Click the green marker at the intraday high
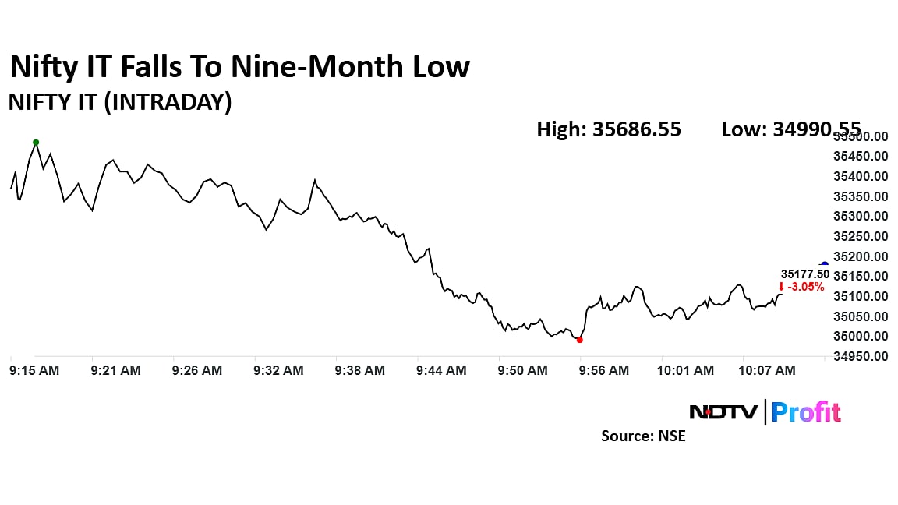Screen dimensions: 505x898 [x=36, y=143]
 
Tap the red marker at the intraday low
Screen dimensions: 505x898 [x=579, y=340]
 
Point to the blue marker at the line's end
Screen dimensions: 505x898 [x=824, y=265]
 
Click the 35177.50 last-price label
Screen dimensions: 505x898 [x=805, y=274]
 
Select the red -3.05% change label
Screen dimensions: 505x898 [x=801, y=287]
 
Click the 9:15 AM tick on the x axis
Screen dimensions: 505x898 [x=34, y=371]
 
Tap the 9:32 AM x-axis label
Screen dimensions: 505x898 [x=278, y=371]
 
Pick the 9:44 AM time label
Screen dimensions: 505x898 [x=441, y=371]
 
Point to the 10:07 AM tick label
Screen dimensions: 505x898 [x=767, y=371]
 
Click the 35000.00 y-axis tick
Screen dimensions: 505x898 [x=860, y=337]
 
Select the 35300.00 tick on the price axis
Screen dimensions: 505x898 [x=860, y=217]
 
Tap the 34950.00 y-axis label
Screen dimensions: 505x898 [x=860, y=357]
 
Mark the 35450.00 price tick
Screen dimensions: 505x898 [x=860, y=157]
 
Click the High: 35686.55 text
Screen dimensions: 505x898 [x=609, y=129]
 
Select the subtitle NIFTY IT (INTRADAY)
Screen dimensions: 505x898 [x=120, y=102]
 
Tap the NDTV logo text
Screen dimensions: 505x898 [x=723, y=411]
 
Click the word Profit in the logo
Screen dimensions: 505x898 [x=806, y=411]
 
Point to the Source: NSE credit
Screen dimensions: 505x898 [x=643, y=436]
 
